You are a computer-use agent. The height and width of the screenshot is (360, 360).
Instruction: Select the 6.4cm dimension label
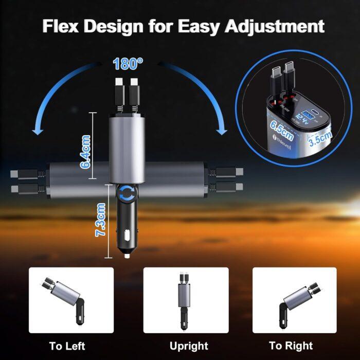pos(86,151)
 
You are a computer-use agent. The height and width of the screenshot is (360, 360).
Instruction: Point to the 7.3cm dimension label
pos(101,220)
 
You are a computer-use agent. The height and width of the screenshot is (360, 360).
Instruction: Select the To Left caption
pos(67,346)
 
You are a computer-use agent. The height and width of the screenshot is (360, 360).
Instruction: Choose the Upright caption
pos(189,346)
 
